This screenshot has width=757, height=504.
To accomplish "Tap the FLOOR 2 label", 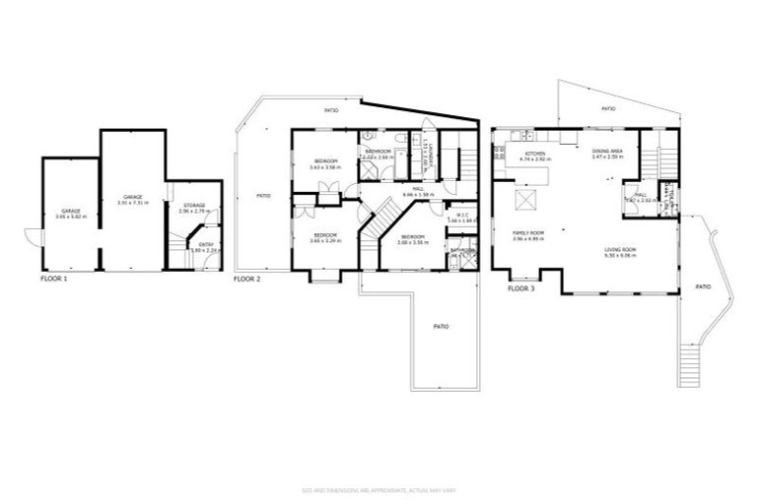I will pyautogui.click(x=247, y=279).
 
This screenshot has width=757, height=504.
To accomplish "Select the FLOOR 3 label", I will pyautogui.click(x=521, y=289).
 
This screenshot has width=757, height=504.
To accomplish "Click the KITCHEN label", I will pyautogui.click(x=535, y=154).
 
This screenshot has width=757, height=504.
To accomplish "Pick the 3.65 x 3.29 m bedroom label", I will pyautogui.click(x=325, y=237).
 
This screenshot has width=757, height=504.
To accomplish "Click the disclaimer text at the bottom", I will pyautogui.click(x=378, y=489).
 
